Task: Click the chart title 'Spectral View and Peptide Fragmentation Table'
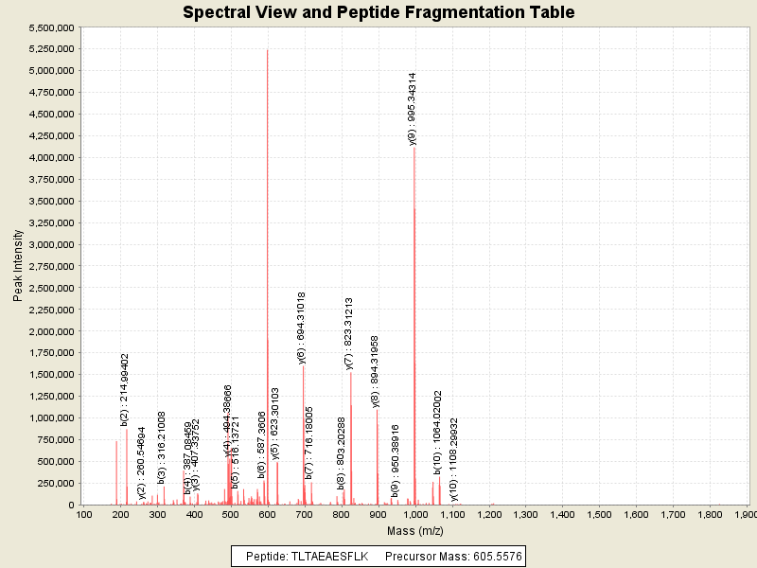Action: point(378,12)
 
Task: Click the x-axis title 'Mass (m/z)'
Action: point(415,532)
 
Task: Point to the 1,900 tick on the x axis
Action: point(746,515)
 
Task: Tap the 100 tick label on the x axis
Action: point(84,515)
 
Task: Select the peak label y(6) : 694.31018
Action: point(302,328)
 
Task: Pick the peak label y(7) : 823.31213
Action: point(349,333)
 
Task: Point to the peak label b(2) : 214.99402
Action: point(125,389)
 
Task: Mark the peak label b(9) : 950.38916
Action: point(396,461)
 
